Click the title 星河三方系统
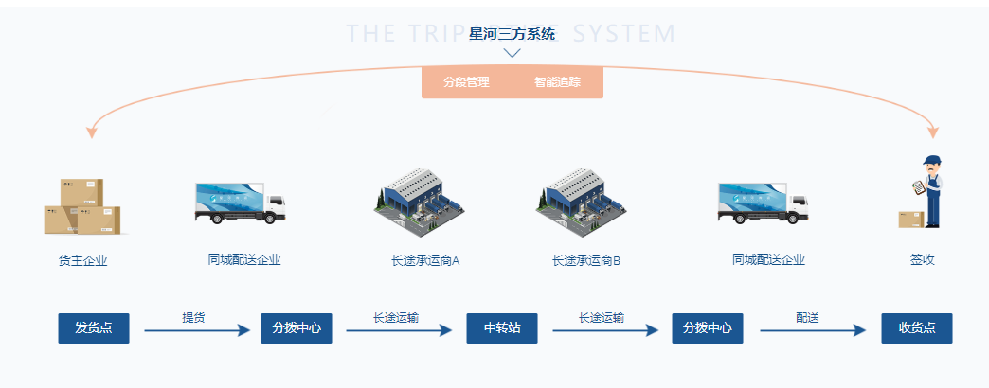(x=512, y=34)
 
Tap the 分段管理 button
(x=466, y=82)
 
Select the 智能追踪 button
(x=557, y=82)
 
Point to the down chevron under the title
(x=512, y=53)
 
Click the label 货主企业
(x=82, y=260)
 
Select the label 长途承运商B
(x=585, y=260)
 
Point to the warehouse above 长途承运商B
(x=581, y=202)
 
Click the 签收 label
(x=922, y=260)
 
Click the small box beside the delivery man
(x=910, y=219)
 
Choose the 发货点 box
(x=94, y=328)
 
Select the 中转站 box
(x=502, y=328)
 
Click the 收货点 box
(x=916, y=328)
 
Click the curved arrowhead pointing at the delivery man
(x=933, y=132)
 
